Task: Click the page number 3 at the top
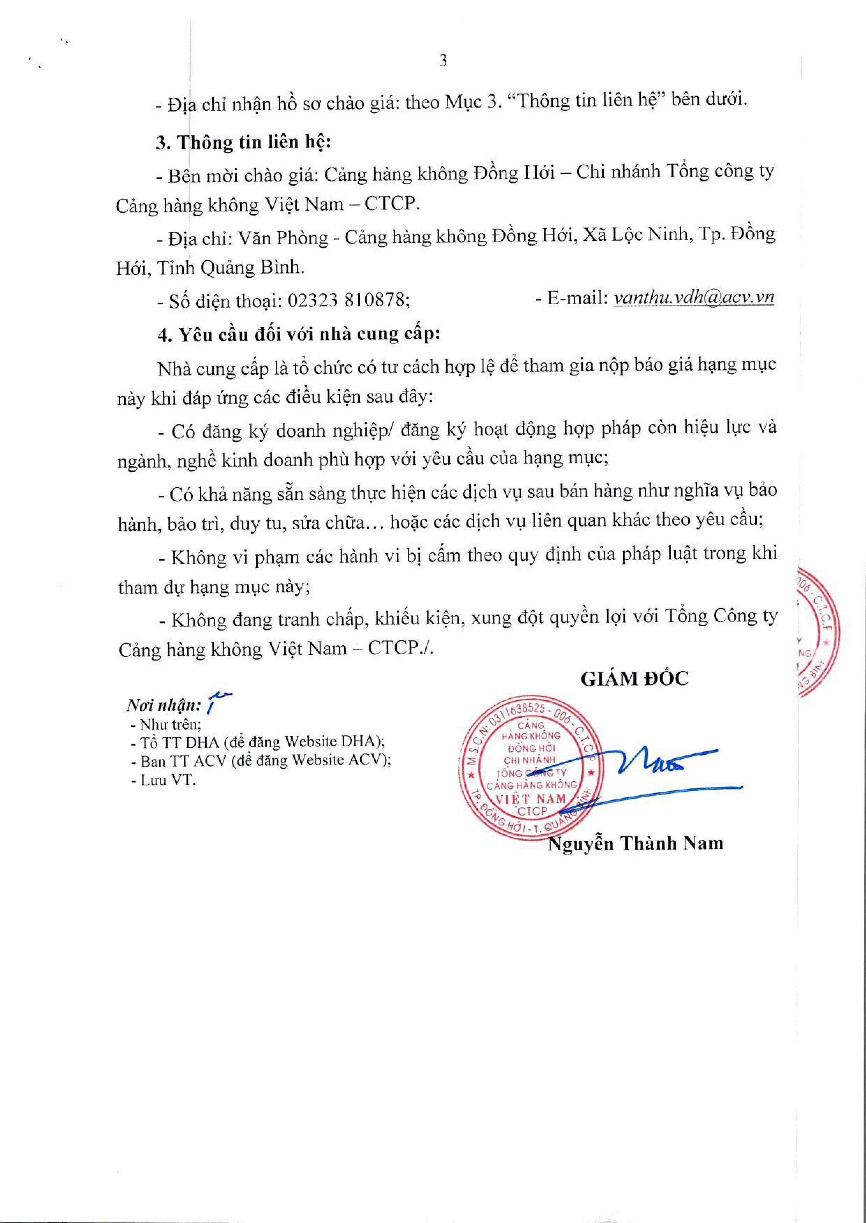point(442,61)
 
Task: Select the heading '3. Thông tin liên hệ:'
point(244,143)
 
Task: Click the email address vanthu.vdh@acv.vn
point(694,297)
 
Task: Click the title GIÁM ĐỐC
point(634,678)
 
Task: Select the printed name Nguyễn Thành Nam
point(636,843)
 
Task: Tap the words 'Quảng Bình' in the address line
point(251,268)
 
